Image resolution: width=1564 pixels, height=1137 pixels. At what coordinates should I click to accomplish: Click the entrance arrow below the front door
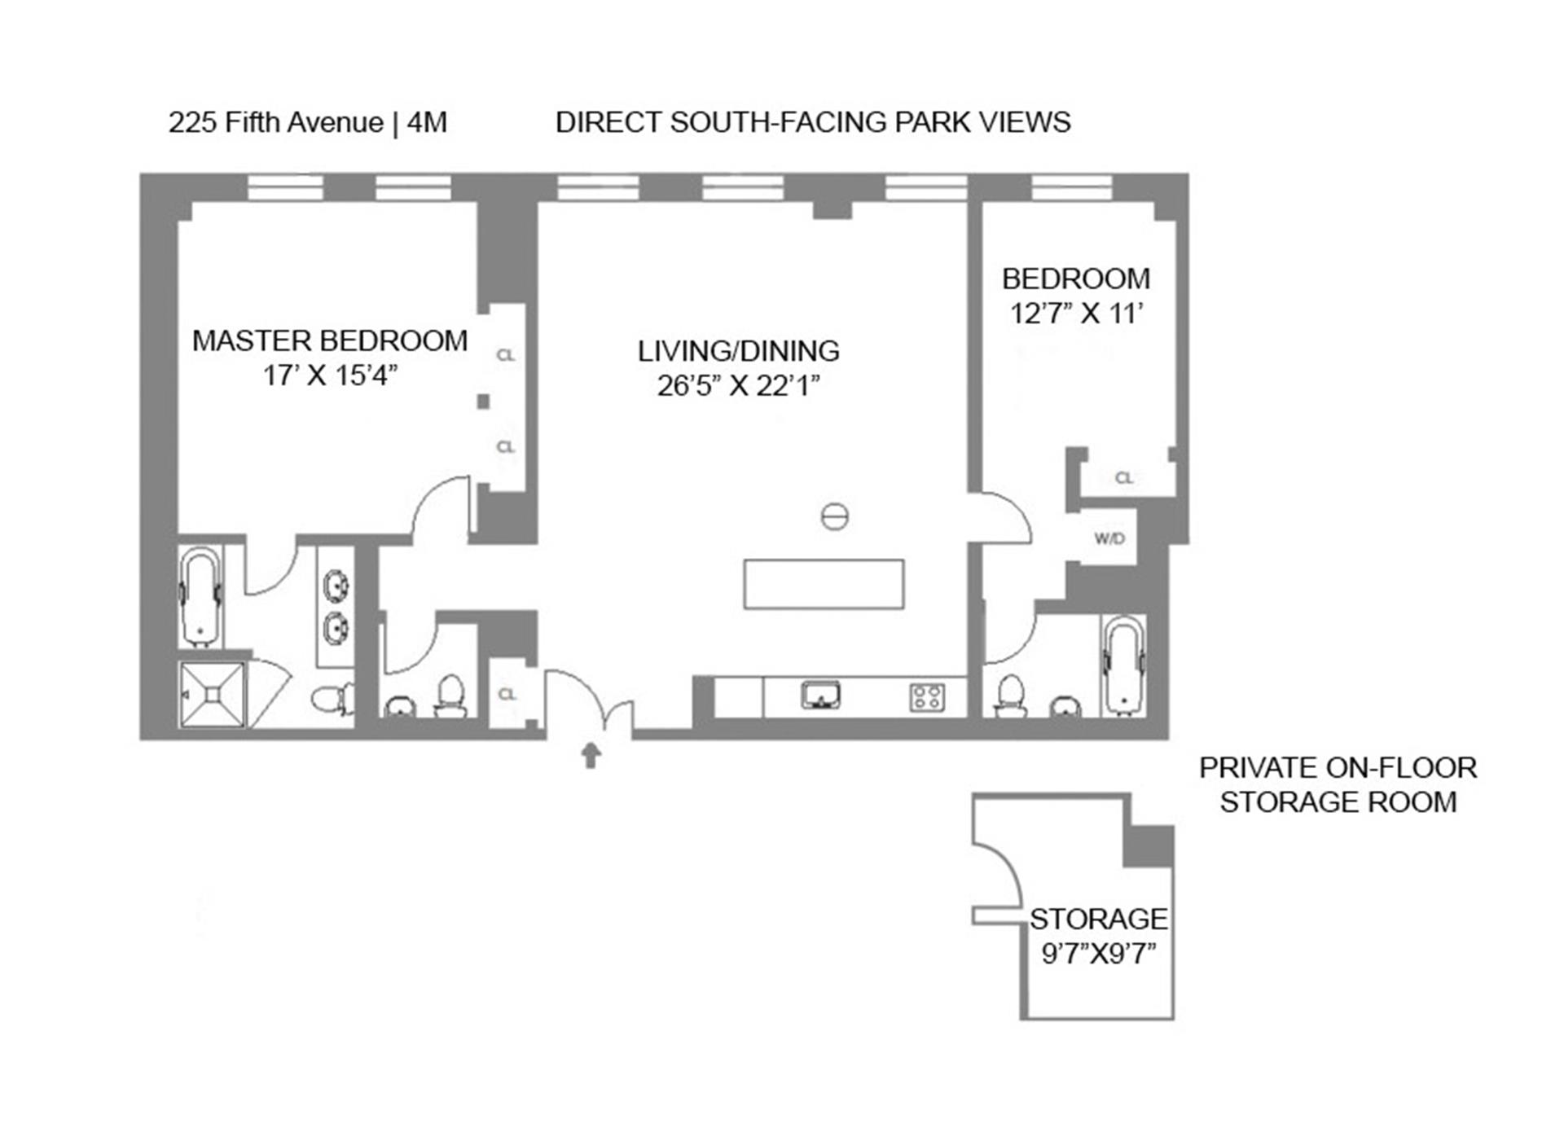591,756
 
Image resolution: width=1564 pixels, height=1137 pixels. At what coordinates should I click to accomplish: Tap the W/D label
1109,538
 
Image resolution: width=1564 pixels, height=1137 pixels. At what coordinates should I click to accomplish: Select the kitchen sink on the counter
820,696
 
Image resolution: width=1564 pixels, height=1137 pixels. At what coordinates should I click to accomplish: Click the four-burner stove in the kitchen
927,697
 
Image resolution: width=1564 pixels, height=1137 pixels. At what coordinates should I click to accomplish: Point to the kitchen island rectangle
824,584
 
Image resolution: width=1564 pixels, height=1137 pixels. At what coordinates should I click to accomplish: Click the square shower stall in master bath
212,694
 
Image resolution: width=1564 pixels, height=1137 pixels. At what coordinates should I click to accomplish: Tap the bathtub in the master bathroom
200,596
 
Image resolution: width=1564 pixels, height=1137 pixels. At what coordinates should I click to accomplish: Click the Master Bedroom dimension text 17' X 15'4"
330,375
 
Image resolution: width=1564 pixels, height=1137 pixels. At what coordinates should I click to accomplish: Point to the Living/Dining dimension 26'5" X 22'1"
738,385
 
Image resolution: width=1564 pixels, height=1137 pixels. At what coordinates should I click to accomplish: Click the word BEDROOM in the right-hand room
1075,279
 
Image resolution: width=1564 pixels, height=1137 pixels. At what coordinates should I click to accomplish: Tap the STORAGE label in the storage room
1097,919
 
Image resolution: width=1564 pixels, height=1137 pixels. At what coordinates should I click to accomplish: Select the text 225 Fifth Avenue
275,122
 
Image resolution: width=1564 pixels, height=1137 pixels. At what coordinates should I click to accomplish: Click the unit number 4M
427,122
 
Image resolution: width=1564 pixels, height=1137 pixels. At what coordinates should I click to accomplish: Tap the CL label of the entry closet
507,694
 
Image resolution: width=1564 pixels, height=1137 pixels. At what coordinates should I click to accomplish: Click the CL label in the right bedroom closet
1123,478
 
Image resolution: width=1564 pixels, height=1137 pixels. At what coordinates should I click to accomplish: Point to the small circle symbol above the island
834,516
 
